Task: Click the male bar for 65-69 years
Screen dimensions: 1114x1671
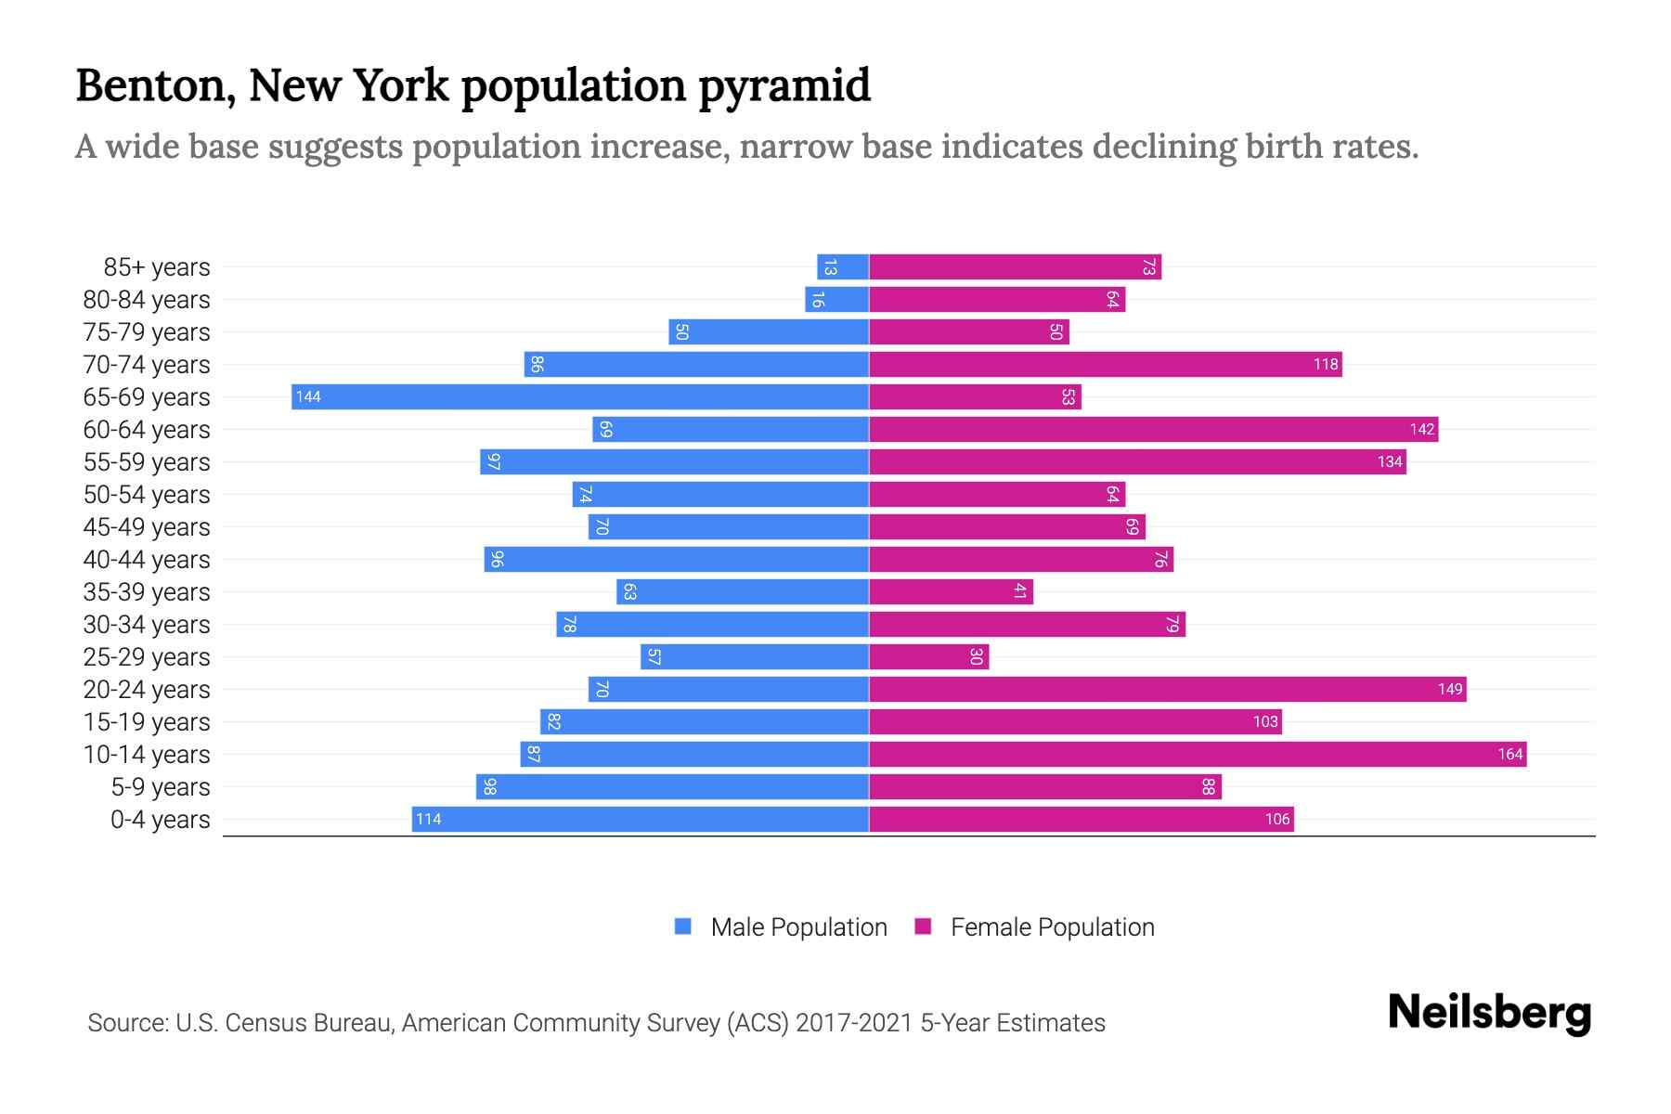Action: pos(580,397)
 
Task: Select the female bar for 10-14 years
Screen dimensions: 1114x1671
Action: pos(1198,755)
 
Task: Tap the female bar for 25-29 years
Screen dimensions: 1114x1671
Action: pos(928,657)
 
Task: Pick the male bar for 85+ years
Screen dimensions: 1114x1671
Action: pos(843,267)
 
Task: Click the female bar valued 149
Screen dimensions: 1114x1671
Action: pos(1167,690)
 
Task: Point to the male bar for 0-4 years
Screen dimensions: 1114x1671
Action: pos(641,820)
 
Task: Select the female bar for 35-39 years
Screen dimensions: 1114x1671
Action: pos(951,592)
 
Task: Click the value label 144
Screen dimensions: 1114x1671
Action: pos(308,397)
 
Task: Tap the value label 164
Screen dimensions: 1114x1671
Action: pos(1509,755)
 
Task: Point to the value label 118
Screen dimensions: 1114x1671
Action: pos(1325,365)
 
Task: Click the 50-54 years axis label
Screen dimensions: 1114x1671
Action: pos(147,495)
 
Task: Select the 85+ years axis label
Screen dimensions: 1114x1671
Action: pos(157,267)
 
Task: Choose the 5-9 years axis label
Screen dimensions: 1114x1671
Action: pos(161,787)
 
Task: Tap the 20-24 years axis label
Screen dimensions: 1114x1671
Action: pos(147,690)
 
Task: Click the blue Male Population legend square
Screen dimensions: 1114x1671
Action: pos(683,926)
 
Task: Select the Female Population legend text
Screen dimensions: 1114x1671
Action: pos(1052,927)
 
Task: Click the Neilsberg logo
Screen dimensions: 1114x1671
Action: pos(1489,1014)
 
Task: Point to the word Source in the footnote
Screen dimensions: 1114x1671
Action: pos(126,1023)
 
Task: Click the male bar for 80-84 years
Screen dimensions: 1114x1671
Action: pos(836,300)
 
